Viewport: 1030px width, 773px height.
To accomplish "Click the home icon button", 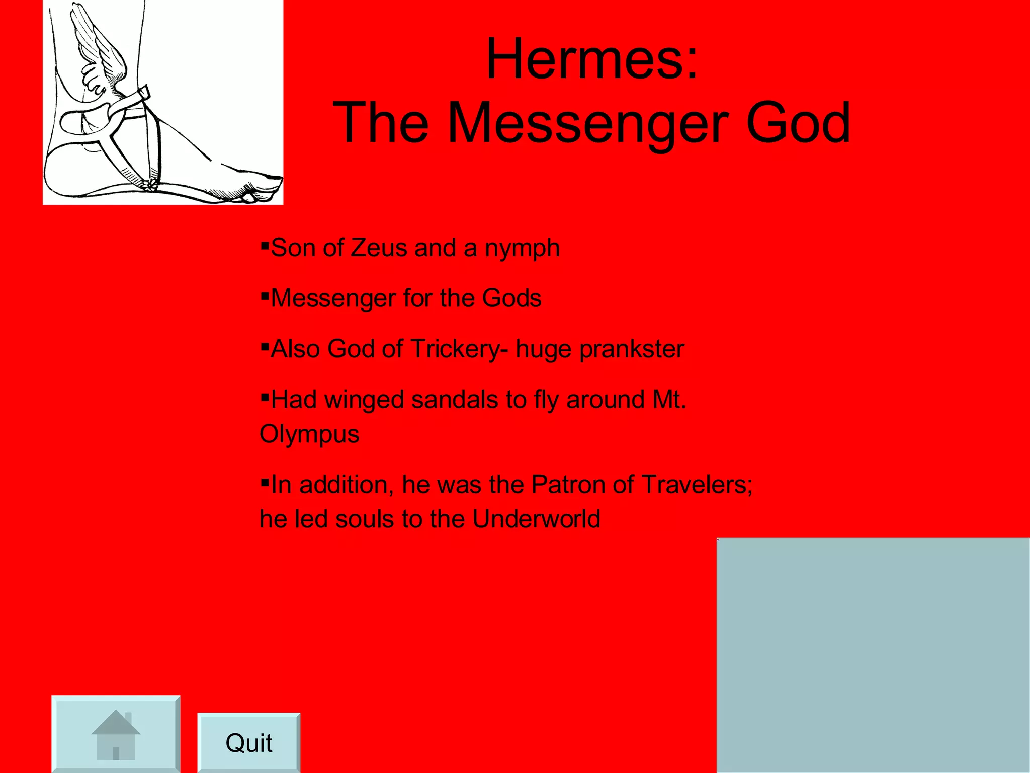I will [116, 734].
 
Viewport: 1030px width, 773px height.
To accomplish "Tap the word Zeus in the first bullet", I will [378, 248].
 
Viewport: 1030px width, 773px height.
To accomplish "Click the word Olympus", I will [309, 434].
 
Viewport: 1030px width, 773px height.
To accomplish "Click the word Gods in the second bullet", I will [511, 298].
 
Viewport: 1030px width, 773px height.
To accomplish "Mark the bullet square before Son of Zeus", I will [265, 245].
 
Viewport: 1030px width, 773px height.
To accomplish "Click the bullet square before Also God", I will [265, 346].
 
